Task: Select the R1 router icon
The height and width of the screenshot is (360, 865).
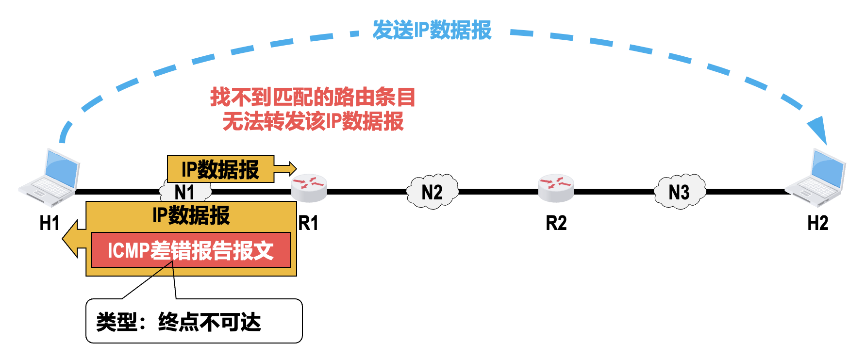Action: tap(309, 188)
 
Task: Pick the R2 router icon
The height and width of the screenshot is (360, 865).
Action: tap(556, 188)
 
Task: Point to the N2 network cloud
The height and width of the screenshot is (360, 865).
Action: tap(432, 192)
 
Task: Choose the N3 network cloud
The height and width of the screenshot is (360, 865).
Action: tap(679, 192)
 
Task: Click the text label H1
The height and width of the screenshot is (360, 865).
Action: tap(50, 223)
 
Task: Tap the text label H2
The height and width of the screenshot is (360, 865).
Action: tap(817, 223)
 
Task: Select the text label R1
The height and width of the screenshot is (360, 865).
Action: tap(309, 223)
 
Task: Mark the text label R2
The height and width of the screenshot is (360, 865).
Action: tap(556, 223)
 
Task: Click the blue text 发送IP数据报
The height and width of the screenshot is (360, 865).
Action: tap(432, 30)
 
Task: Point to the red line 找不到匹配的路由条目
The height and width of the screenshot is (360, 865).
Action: tap(313, 97)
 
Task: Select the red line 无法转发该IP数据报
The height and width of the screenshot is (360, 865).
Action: tap(313, 121)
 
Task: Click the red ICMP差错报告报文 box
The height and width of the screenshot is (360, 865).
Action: tap(191, 250)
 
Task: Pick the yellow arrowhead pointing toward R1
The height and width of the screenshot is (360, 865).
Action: tap(286, 168)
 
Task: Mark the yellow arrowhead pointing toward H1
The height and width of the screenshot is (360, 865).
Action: tap(73, 239)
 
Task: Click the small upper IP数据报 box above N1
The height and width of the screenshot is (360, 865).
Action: tap(220, 169)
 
